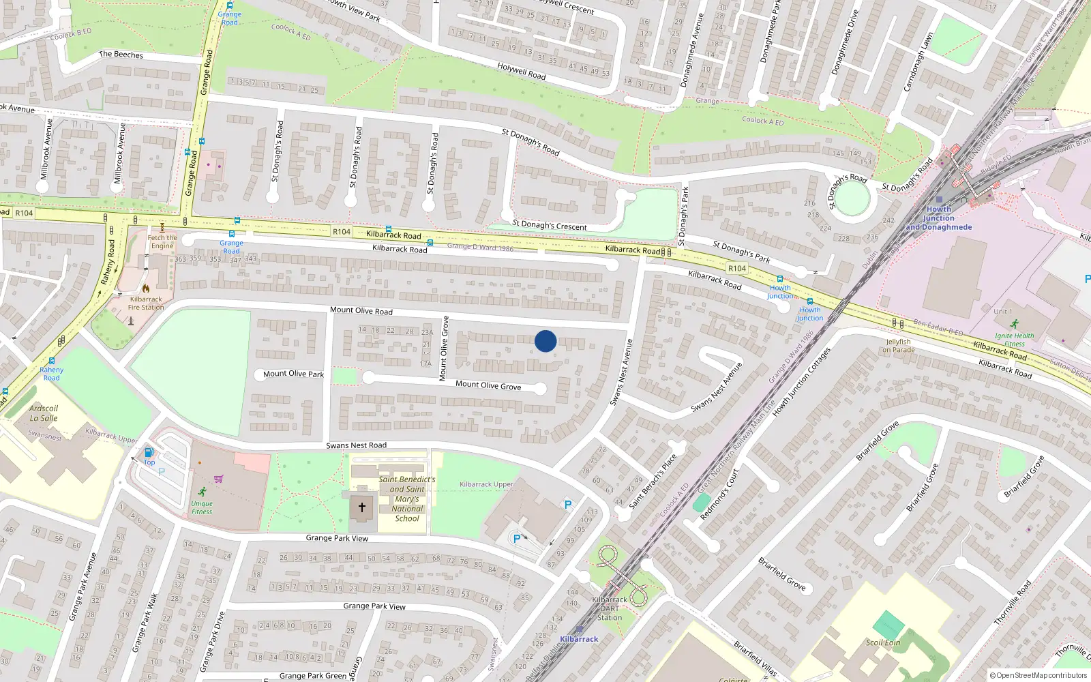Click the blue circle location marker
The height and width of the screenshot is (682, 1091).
[x=545, y=341]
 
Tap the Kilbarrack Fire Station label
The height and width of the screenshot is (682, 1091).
[x=146, y=303]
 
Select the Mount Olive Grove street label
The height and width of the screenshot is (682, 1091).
[x=488, y=385]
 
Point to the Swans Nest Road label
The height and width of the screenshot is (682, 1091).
[x=356, y=445]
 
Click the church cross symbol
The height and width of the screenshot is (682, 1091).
[x=362, y=507]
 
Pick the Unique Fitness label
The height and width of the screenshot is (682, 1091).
[x=202, y=507]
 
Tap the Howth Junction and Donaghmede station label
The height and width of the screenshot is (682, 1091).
[x=939, y=218]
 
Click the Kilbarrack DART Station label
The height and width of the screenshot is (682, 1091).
[x=610, y=608]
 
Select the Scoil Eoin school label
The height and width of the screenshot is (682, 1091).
[x=883, y=642]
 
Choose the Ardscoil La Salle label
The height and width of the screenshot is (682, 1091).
[x=44, y=413]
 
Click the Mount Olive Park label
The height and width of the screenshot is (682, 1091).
[x=293, y=374]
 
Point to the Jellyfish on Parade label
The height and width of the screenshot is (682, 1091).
[x=899, y=346]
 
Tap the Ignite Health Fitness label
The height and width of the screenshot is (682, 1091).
[x=1014, y=339]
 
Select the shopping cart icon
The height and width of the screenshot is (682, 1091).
[x=218, y=479]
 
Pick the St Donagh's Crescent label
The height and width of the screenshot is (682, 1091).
[x=549, y=226]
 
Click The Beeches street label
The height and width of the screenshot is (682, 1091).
[x=121, y=55]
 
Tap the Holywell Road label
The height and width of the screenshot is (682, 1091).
[x=521, y=71]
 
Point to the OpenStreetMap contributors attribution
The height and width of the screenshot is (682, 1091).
[x=1038, y=676]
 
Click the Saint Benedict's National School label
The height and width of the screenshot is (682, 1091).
[x=407, y=499]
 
